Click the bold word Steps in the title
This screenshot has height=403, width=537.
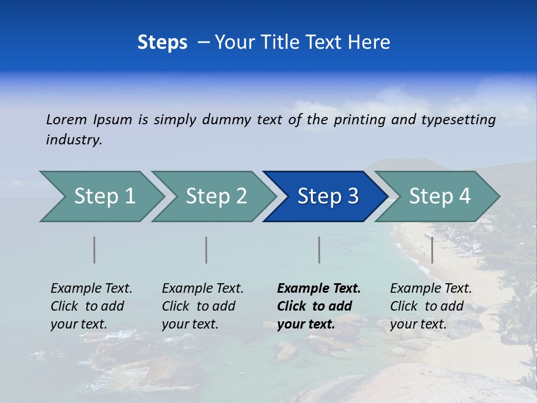click(x=162, y=43)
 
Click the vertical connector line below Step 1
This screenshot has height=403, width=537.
click(x=95, y=250)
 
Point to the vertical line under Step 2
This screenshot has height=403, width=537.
click(x=206, y=250)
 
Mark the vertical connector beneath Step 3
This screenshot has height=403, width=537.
click(x=319, y=250)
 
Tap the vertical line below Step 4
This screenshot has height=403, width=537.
click(x=432, y=250)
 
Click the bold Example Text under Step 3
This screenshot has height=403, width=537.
click(x=319, y=289)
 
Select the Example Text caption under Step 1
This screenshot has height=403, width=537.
click(x=91, y=289)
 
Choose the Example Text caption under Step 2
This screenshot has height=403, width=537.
click(x=202, y=289)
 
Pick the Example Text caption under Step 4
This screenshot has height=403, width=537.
click(x=431, y=289)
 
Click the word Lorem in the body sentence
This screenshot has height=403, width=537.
click(x=67, y=120)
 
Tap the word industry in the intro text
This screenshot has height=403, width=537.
click(x=73, y=140)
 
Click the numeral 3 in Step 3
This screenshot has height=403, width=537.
click(x=352, y=196)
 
